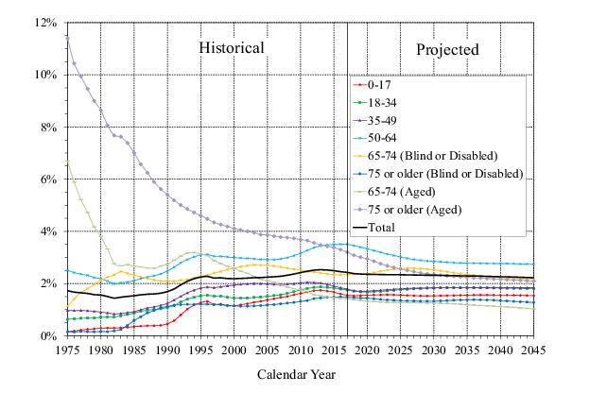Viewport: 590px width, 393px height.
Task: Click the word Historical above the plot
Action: point(231,47)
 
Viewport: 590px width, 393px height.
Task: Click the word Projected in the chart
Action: point(447,49)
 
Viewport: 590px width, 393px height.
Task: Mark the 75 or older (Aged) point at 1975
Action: point(66,35)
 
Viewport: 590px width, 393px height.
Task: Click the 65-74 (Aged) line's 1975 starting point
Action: point(66,161)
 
